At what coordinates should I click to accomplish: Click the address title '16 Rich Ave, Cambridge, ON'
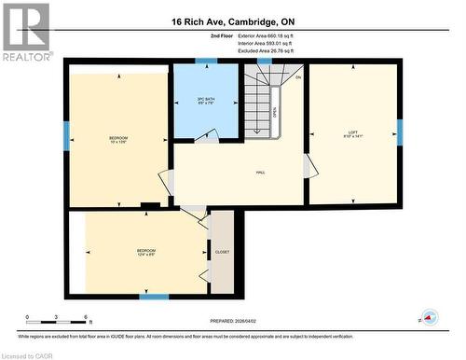pyautogui.click(x=232, y=21)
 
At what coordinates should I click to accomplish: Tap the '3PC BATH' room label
pyautogui.click(x=207, y=99)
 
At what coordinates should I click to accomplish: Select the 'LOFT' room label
pyautogui.click(x=353, y=132)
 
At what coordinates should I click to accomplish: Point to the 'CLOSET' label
pyautogui.click(x=221, y=252)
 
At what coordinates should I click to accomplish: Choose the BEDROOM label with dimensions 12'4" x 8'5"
pyautogui.click(x=146, y=252)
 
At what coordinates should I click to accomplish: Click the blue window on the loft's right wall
pyautogui.click(x=400, y=132)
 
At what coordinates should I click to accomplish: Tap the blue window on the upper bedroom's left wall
pyautogui.click(x=66, y=136)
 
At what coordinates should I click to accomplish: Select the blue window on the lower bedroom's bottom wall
pyautogui.click(x=154, y=297)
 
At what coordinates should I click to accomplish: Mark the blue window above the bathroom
pyautogui.click(x=206, y=62)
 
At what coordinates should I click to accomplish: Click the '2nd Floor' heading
pyautogui.click(x=223, y=35)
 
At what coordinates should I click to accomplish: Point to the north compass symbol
pyautogui.click(x=429, y=318)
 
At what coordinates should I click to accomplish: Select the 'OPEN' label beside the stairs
pyautogui.click(x=275, y=111)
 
